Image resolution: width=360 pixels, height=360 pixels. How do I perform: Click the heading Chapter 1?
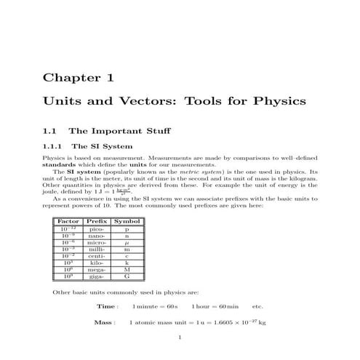[78, 77]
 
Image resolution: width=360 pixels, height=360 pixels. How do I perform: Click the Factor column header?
[68, 220]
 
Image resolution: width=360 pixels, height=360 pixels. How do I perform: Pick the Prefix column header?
[97, 220]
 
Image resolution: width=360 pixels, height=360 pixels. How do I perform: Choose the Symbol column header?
[127, 220]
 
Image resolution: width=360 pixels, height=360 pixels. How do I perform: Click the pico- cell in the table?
[97, 229]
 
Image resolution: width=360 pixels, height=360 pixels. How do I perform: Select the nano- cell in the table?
[97, 236]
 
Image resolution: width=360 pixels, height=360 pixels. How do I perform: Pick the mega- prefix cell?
[97, 270]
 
